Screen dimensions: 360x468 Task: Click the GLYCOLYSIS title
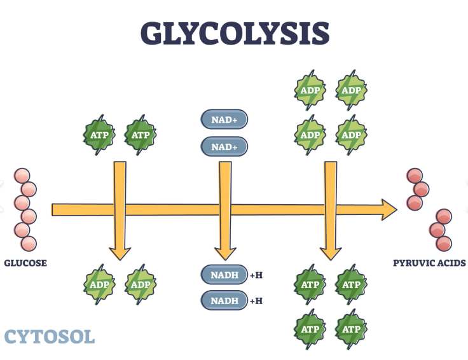235,32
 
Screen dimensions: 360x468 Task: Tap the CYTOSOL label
50,336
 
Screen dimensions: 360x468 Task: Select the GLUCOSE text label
25,263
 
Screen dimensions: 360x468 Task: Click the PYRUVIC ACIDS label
429,263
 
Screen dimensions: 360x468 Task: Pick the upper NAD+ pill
224,119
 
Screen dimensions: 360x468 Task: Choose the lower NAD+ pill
224,147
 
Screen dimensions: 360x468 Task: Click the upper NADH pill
224,275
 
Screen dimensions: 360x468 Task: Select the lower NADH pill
224,300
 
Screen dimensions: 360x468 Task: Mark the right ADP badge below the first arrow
141,284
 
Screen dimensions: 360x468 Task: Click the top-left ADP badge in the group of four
310,90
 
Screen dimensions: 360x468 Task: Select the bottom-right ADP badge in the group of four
351,135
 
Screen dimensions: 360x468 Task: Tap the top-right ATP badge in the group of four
351,284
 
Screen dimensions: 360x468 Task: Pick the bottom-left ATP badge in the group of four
310,329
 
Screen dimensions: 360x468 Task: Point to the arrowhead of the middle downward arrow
224,253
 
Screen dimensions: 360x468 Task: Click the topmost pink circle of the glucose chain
22,176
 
